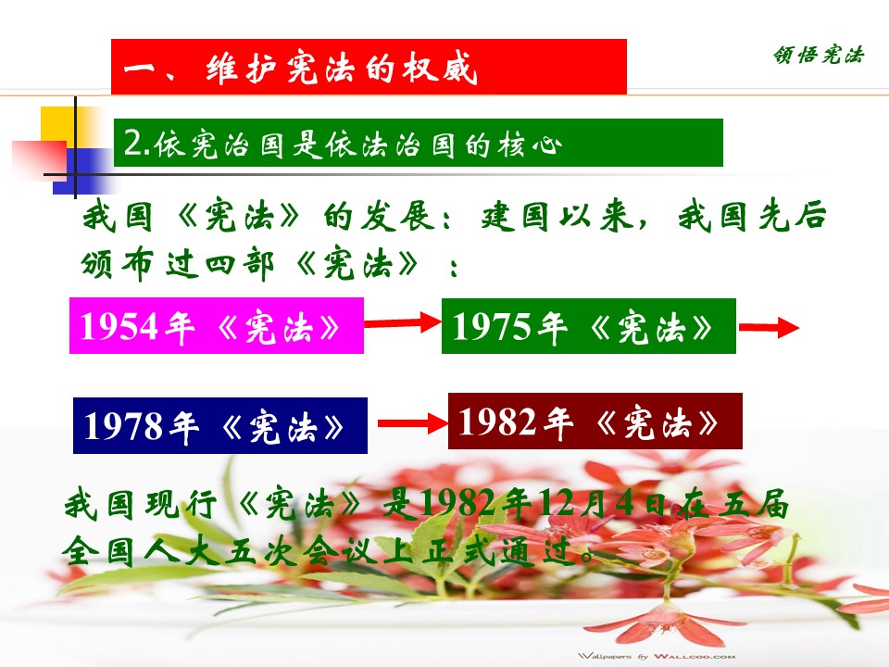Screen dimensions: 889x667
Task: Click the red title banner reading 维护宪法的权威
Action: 369,67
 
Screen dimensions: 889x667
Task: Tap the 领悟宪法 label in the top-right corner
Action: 818,55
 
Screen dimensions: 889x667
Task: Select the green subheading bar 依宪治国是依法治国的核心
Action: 418,143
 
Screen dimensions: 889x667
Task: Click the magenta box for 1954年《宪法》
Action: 217,325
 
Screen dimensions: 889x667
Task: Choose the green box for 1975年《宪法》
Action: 589,326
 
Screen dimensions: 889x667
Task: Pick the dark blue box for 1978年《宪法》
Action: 220,425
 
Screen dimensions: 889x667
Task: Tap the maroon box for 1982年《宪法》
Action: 595,421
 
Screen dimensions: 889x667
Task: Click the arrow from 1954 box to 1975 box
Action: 403,322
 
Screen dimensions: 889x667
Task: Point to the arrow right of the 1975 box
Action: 769,327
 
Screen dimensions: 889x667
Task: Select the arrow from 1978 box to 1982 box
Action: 413,423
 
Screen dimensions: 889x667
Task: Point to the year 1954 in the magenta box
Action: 119,326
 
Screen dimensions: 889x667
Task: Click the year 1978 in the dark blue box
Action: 122,426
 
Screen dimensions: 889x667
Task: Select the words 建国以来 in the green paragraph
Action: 557,216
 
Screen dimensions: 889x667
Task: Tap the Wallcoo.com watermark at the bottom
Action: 657,656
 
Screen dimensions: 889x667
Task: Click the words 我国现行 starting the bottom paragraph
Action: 141,504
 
